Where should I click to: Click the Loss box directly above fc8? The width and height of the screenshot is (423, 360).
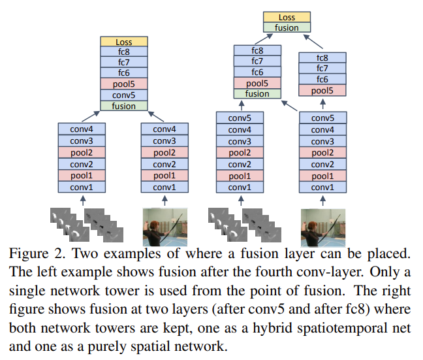coord(124,42)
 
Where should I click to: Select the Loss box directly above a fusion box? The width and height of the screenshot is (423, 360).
coord(287,18)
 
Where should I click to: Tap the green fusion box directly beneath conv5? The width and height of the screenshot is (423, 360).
coord(124,105)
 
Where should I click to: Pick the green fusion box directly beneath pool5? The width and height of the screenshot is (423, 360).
coord(257,93)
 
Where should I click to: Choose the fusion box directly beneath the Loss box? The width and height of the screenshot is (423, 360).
coord(287,28)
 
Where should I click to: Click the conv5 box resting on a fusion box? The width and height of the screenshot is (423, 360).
coord(124,95)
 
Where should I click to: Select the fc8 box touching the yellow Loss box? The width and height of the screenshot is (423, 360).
coord(124,52)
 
